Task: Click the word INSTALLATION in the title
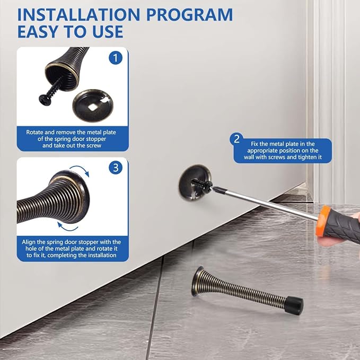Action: [x=78, y=15]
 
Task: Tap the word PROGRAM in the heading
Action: [x=190, y=15]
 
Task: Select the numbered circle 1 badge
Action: [x=116, y=58]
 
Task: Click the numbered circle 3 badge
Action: [x=116, y=168]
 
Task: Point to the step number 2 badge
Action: [x=236, y=139]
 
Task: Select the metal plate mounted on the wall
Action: [x=195, y=182]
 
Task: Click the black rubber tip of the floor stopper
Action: [x=294, y=305]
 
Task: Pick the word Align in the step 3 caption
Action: [x=28, y=242]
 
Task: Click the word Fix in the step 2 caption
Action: [x=254, y=144]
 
